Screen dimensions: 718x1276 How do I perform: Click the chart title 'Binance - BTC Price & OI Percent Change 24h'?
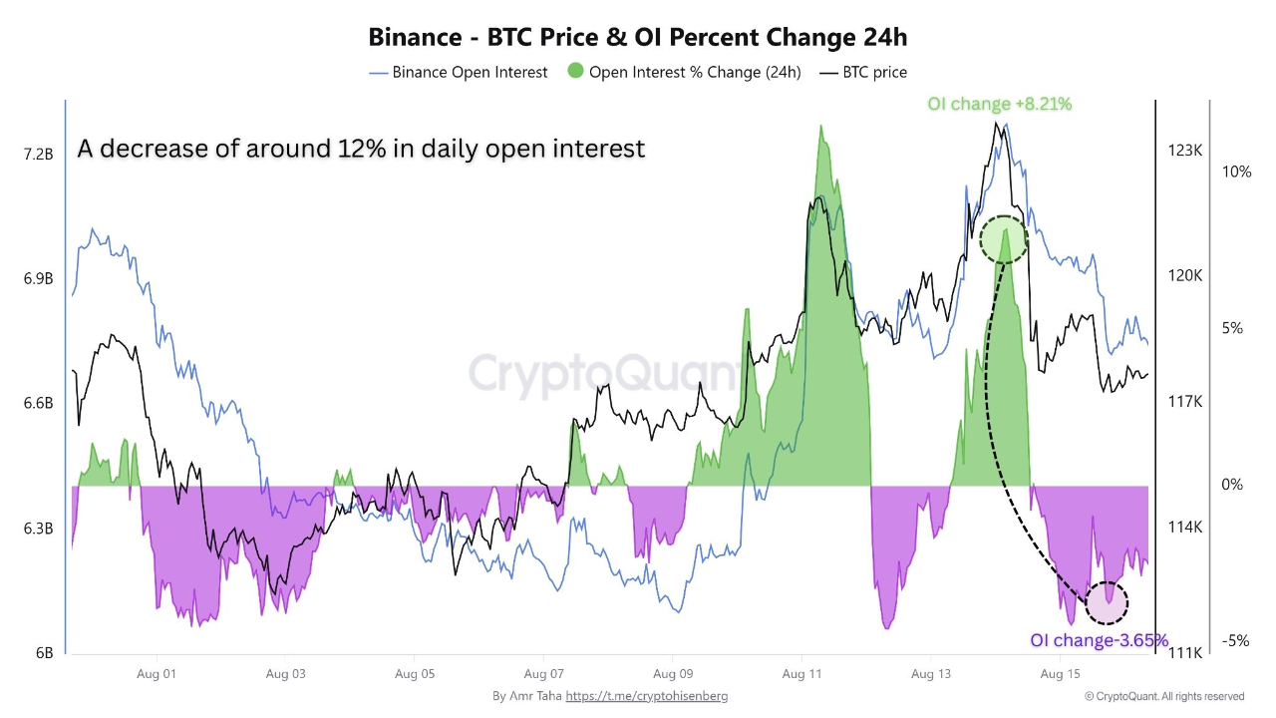[638, 37]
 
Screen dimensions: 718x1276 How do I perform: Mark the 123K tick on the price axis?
[1185, 151]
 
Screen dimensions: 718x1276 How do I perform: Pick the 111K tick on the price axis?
[1185, 652]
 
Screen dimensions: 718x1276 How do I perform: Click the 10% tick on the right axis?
[1236, 172]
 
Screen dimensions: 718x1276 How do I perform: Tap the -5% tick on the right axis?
[1236, 641]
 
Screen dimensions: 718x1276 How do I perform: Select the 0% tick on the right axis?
[1232, 485]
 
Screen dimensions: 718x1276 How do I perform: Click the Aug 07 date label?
[543, 674]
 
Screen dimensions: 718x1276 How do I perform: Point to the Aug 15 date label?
[1061, 674]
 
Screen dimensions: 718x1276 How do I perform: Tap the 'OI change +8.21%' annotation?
[999, 104]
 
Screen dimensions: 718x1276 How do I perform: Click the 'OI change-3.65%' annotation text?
[1099, 640]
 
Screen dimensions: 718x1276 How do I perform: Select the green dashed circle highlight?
[1003, 239]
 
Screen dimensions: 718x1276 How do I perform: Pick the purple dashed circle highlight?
[1107, 602]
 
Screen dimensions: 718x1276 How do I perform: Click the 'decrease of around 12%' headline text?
[361, 149]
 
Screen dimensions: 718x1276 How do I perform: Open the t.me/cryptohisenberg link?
[646, 696]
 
